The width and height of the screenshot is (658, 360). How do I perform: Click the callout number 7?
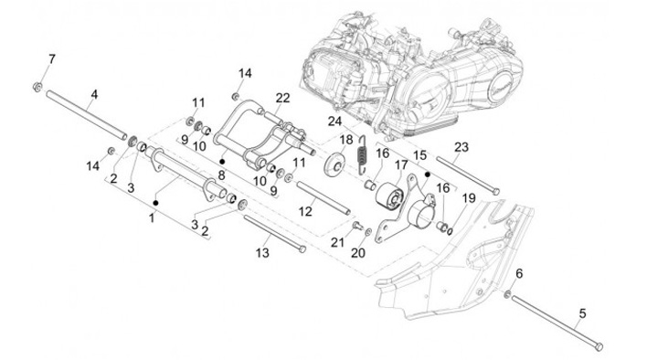[x=51, y=59]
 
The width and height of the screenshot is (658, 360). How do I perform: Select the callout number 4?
[x=94, y=95]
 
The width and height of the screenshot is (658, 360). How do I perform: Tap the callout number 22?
[x=282, y=98]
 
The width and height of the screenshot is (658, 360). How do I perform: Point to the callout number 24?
[x=334, y=122]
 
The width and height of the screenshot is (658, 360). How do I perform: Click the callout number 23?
[x=462, y=147]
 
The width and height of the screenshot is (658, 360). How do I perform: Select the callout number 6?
[x=519, y=274]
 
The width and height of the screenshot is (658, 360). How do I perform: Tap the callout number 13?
[x=262, y=253]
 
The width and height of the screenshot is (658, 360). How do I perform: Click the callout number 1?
[x=152, y=218]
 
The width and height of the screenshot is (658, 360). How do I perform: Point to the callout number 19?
[x=468, y=198]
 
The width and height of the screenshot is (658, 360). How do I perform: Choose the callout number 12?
[x=305, y=211]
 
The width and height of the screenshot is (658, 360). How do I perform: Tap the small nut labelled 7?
[x=37, y=87]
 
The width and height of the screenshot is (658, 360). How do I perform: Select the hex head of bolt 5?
[x=600, y=346]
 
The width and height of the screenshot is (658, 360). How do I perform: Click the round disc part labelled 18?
[x=334, y=164]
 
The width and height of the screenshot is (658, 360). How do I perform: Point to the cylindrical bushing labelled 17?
[x=389, y=196]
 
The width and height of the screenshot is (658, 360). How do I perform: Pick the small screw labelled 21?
[x=358, y=226]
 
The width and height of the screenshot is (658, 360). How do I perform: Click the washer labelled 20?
[x=368, y=231]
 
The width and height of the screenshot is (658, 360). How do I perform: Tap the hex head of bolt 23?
[x=495, y=191]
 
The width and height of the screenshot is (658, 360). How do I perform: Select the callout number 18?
[x=346, y=139]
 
